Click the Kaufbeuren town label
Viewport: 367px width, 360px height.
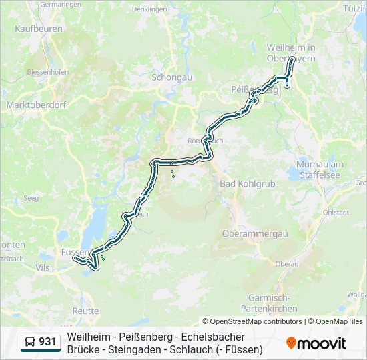(39, 29)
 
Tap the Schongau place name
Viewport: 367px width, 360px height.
(172, 77)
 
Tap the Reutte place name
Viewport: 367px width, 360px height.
(85, 311)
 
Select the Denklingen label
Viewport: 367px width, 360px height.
(149, 9)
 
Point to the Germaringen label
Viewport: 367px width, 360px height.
(61, 4)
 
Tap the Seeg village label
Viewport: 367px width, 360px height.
(31, 198)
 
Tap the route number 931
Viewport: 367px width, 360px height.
(48, 342)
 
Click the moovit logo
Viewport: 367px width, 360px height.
(316, 343)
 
